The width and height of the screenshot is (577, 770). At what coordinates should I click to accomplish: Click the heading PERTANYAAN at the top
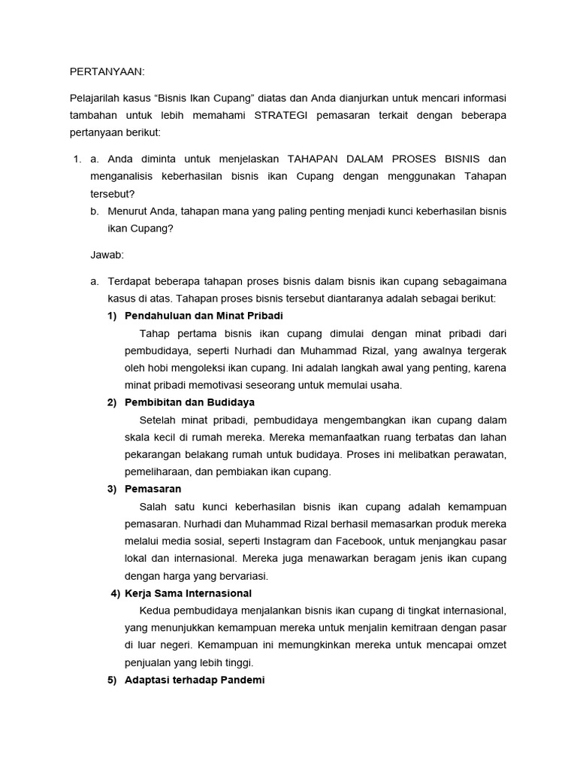click(x=106, y=71)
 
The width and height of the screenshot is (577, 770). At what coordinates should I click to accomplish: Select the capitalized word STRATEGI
click(x=285, y=115)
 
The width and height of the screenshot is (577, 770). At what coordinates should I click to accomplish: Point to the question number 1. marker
click(x=76, y=159)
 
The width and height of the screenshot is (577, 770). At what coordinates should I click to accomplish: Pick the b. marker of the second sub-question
click(x=94, y=211)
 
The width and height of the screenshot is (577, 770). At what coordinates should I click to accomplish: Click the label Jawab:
click(x=107, y=255)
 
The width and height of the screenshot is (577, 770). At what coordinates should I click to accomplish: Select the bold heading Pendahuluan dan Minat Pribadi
click(x=199, y=315)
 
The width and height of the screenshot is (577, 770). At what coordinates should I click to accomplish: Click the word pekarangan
click(x=153, y=455)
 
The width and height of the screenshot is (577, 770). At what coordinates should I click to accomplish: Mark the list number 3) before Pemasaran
click(x=111, y=490)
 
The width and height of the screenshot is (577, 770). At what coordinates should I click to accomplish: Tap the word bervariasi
click(x=240, y=576)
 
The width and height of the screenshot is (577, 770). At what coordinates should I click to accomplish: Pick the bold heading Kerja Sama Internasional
click(x=188, y=593)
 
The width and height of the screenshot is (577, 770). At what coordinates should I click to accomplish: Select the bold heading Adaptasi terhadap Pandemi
click(x=195, y=681)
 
